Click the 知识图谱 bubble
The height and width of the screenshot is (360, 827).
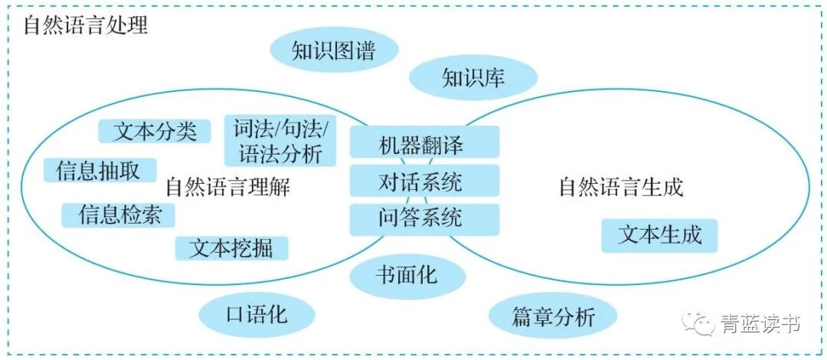(x=334, y=51)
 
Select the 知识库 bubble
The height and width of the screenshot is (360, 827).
(x=473, y=77)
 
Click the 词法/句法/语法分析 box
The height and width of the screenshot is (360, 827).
(x=280, y=140)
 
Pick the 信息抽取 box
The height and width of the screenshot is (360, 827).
(x=100, y=171)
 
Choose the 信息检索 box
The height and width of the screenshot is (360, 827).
(x=119, y=214)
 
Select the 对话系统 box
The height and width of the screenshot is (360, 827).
(x=423, y=182)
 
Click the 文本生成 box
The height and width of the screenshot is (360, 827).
(x=659, y=235)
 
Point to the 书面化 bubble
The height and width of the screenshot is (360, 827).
(x=407, y=274)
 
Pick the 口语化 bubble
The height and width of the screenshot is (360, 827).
(x=257, y=314)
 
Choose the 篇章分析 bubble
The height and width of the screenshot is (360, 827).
(x=553, y=316)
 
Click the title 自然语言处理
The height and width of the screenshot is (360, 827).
(x=85, y=25)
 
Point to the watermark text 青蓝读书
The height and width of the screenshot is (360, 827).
(x=760, y=325)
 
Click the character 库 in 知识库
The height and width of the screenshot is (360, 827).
(x=495, y=77)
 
